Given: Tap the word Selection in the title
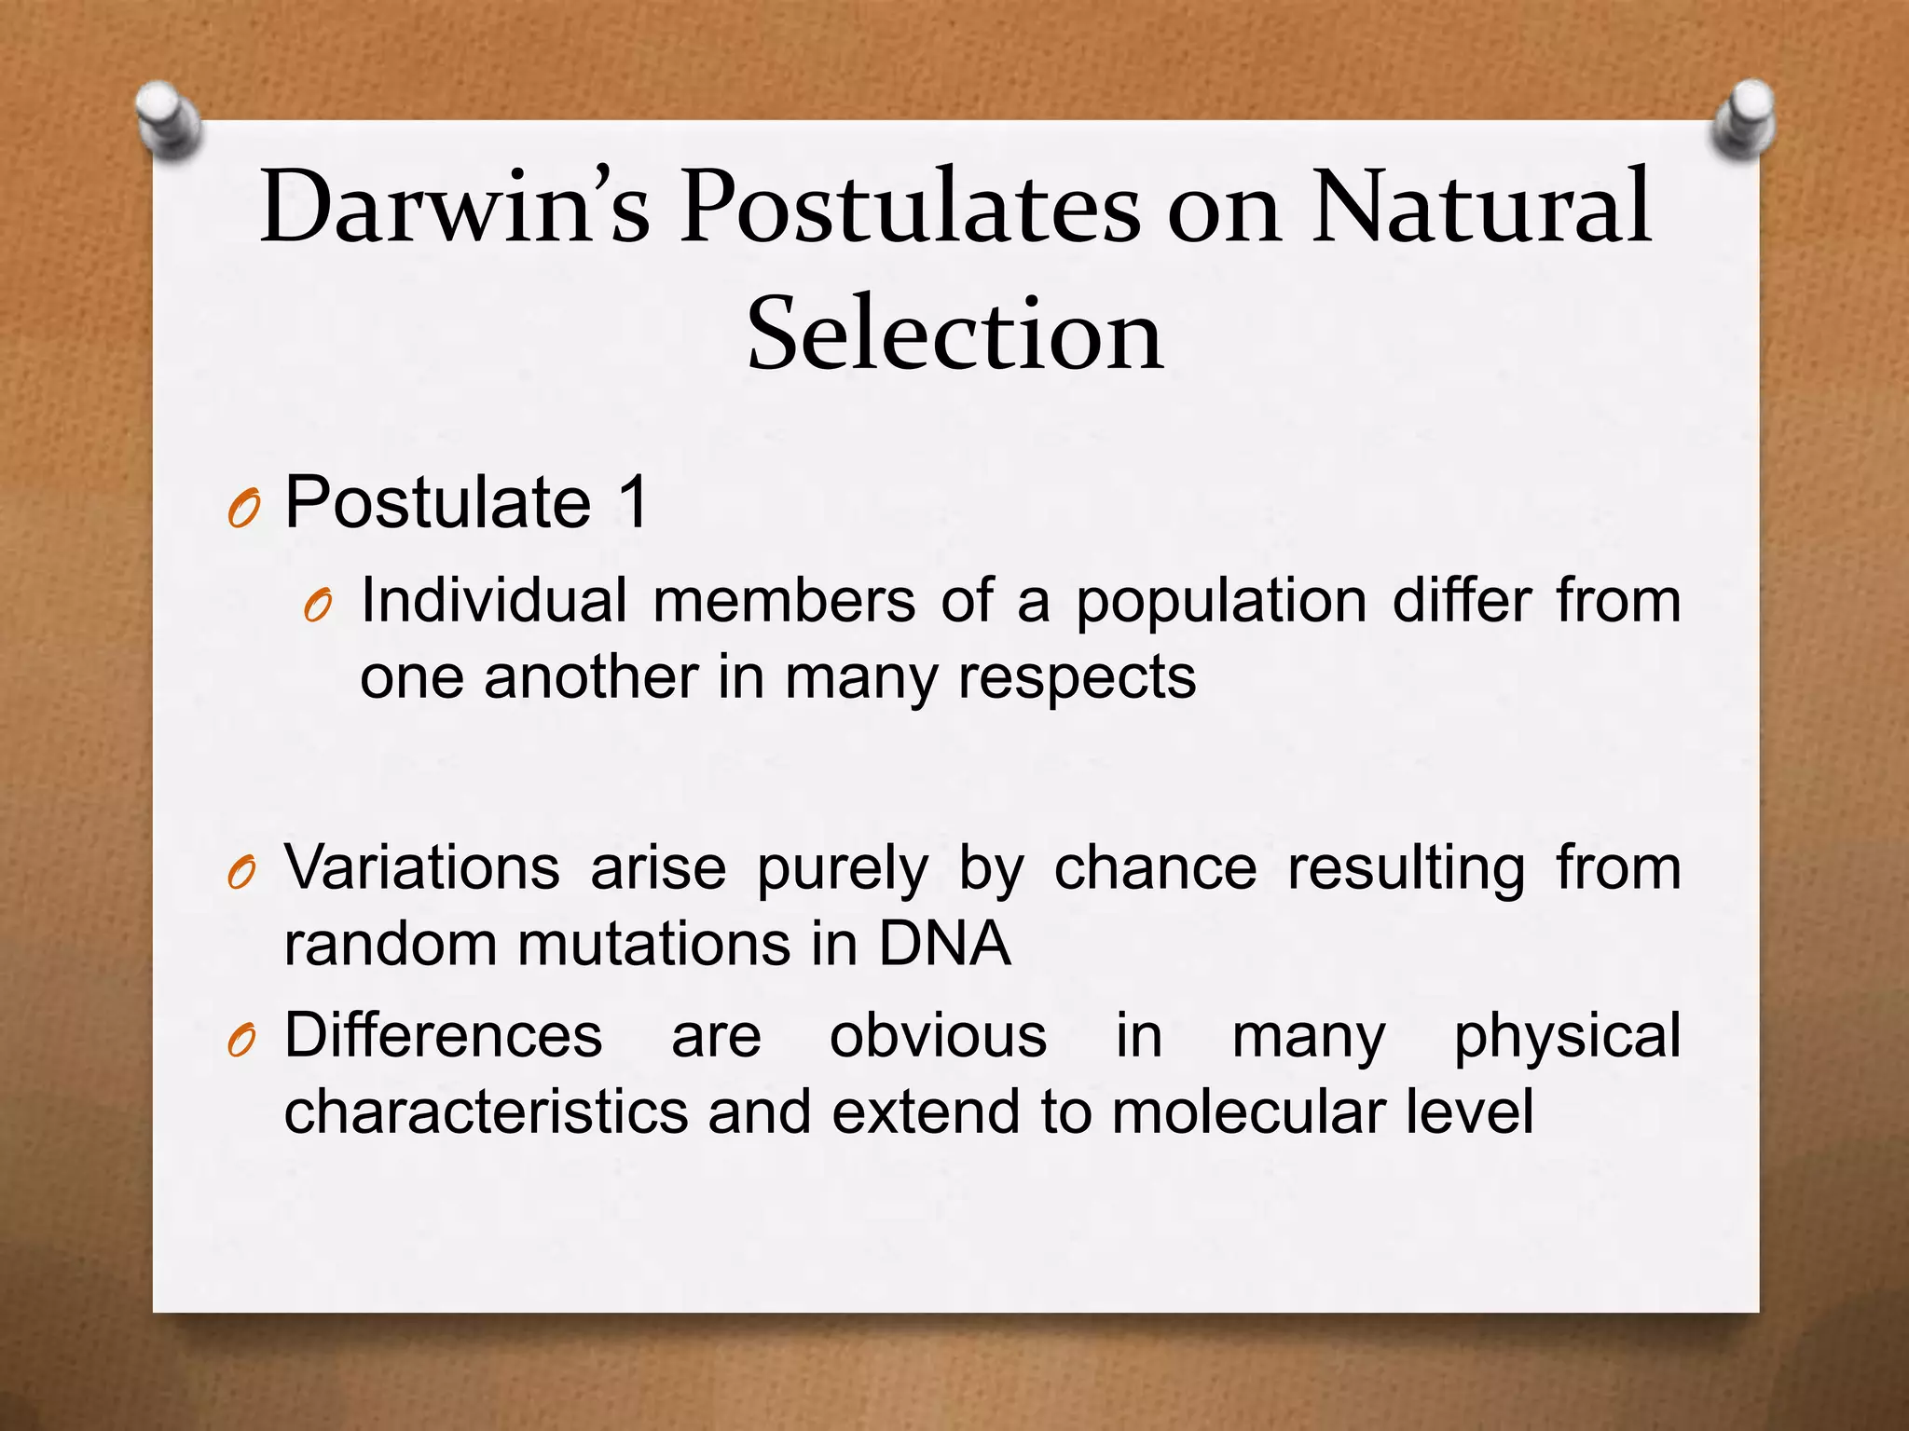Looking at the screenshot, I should tap(954, 334).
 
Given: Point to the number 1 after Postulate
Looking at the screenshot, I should tap(632, 503).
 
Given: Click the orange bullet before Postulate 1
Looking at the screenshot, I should tap(242, 511).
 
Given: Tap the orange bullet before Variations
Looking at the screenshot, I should tap(241, 875).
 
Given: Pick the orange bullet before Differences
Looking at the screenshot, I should tap(241, 1043).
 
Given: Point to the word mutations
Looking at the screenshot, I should tap(653, 944).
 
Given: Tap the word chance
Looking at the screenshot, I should tap(1155, 868).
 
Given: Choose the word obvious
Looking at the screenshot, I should tap(938, 1035).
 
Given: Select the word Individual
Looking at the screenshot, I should tap(493, 601).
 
